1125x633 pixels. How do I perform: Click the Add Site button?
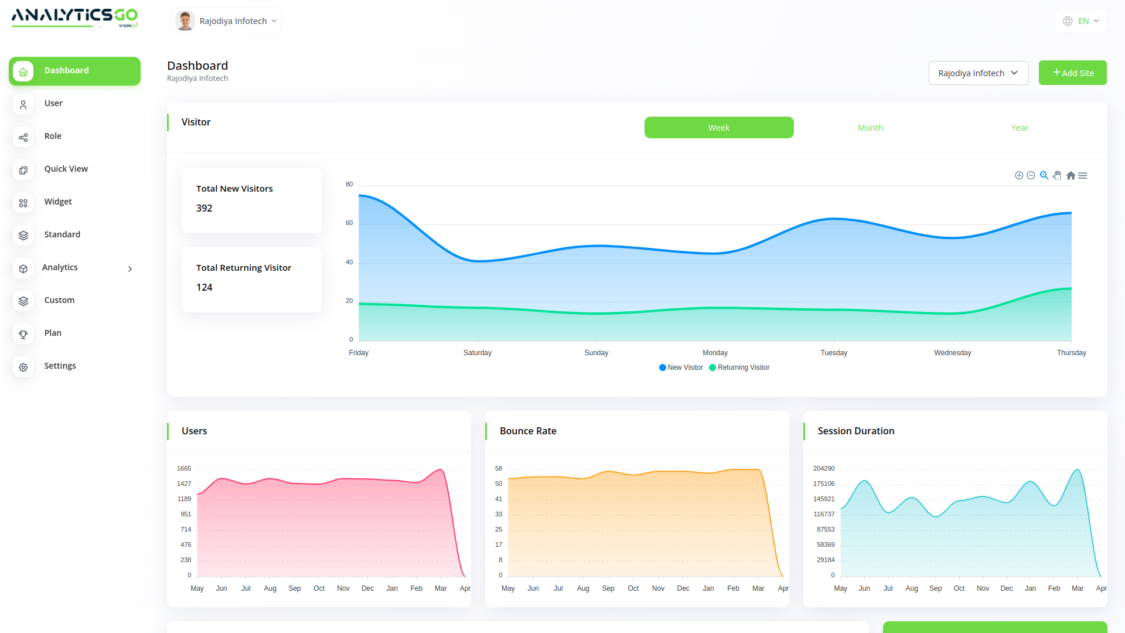(1072, 73)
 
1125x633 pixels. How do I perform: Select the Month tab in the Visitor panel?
(870, 128)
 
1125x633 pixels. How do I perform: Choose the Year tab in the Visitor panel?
(1020, 128)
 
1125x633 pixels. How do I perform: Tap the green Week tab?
(719, 128)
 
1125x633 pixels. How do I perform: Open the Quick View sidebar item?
(66, 169)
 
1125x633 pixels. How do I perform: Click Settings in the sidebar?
(60, 366)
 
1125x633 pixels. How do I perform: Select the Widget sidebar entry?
(58, 202)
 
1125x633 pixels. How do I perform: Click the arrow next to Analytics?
(130, 269)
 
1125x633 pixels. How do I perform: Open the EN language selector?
(1081, 21)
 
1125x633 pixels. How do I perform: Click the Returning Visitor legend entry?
(739, 367)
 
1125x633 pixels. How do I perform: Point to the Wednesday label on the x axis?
(952, 353)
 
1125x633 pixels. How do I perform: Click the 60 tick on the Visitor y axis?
(349, 223)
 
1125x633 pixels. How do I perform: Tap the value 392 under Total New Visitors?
(204, 208)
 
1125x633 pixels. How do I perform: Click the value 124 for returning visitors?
(204, 287)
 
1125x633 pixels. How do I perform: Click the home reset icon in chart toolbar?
(1071, 175)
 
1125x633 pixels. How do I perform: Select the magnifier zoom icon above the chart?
(1044, 175)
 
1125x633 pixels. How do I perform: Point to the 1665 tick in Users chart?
(184, 468)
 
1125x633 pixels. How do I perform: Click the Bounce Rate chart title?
(528, 431)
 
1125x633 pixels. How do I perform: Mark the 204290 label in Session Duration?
(824, 468)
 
